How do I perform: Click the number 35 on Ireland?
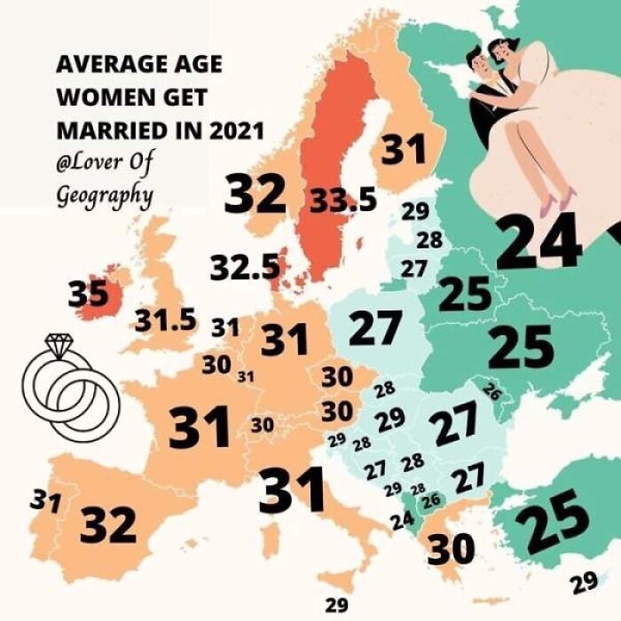[88, 294]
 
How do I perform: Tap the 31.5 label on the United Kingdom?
[165, 320]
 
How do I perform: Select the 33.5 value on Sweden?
[343, 200]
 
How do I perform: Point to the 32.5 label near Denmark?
[245, 268]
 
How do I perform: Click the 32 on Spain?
[108, 525]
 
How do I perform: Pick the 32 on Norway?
[255, 194]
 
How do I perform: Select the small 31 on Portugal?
[46, 501]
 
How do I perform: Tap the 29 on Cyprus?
[585, 583]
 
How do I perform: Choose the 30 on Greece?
[451, 550]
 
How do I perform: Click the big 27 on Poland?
[376, 328]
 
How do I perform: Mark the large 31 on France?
[200, 428]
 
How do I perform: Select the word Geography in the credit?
[104, 194]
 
